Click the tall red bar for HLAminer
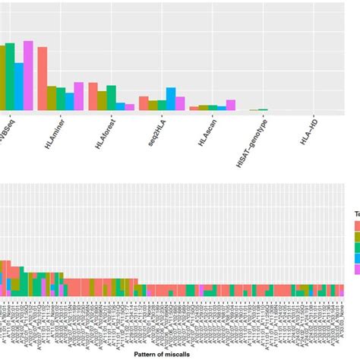[x=43, y=79]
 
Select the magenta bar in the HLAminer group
[x=78, y=96]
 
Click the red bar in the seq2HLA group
[x=144, y=104]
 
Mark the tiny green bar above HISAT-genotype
[x=263, y=110]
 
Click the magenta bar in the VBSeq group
[x=28, y=76]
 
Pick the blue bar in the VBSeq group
[x=19, y=87]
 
